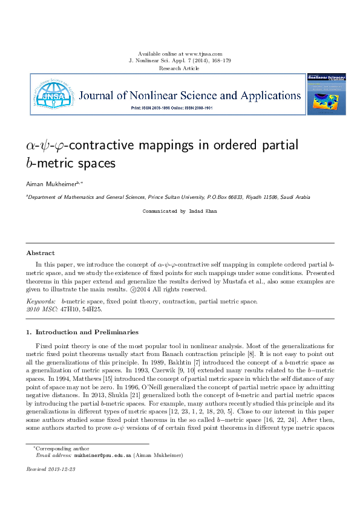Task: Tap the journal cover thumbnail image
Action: point(327,94)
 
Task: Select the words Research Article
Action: point(179,68)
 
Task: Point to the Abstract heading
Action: point(41,253)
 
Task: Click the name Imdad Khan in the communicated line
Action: point(203,212)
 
